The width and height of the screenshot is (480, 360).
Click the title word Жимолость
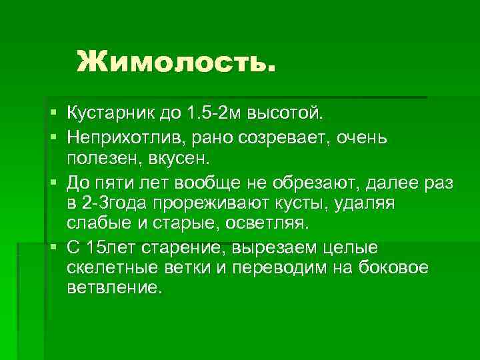pyautogui.click(x=175, y=63)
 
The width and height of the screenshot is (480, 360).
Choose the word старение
pyautogui.click(x=179, y=248)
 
